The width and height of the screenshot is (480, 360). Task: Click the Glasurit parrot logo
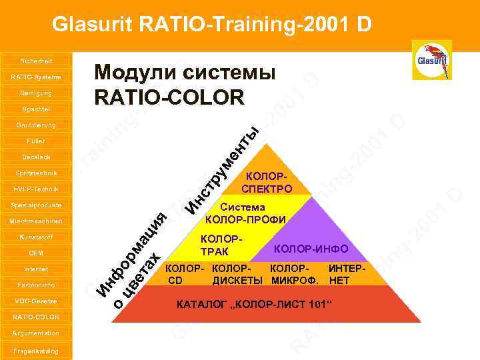tap(432, 60)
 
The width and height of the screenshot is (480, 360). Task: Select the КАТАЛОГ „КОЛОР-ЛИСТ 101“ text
tap(253, 305)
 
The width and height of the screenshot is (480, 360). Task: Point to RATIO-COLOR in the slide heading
tap(170, 98)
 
